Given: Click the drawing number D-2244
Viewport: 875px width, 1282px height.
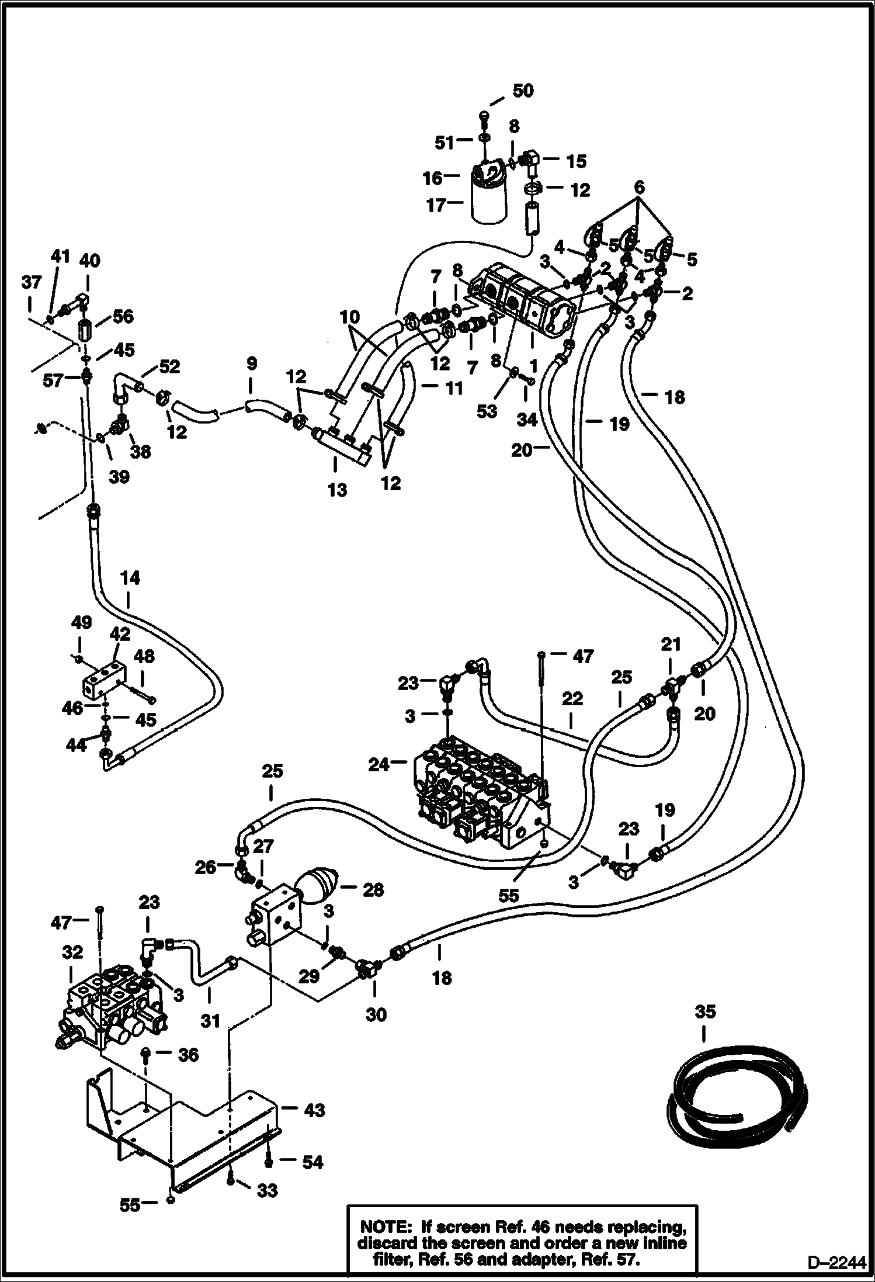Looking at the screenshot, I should point(836,1263).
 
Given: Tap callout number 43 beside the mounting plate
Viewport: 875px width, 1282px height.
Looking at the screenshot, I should point(314,1110).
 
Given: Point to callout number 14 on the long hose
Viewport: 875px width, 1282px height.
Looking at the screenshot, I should point(130,578).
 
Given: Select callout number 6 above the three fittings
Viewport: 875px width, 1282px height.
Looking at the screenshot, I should point(639,188).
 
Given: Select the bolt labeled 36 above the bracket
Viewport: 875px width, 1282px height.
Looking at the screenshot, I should point(146,1054).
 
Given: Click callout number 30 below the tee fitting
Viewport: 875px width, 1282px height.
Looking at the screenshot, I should point(376,1015).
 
